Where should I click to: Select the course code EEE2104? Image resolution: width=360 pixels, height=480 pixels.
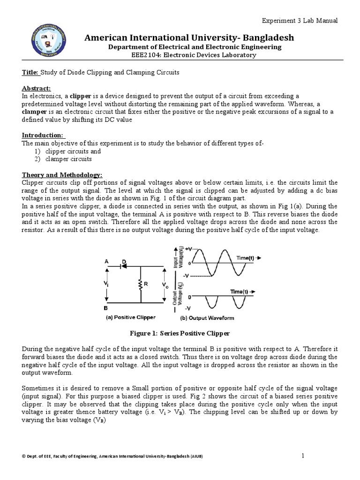click(147, 55)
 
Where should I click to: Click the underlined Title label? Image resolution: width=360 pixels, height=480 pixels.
click(30, 73)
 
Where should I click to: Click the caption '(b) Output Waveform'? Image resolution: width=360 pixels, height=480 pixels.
click(207, 318)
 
